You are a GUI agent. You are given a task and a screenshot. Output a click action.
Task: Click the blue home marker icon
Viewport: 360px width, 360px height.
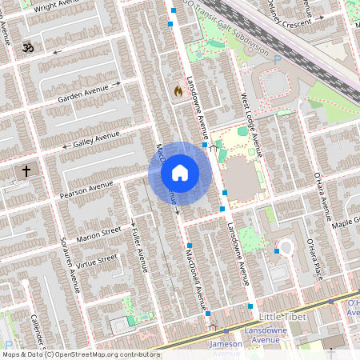180,173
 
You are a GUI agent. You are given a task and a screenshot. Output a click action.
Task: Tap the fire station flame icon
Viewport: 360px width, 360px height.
177,90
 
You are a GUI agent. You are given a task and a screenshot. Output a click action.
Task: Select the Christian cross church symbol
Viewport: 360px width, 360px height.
26,171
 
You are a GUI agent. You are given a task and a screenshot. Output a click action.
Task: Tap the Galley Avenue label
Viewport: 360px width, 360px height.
96,139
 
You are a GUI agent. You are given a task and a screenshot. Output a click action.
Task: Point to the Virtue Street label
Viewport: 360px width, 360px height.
97,262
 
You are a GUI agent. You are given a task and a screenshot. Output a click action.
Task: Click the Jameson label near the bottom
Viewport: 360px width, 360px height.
226,344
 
